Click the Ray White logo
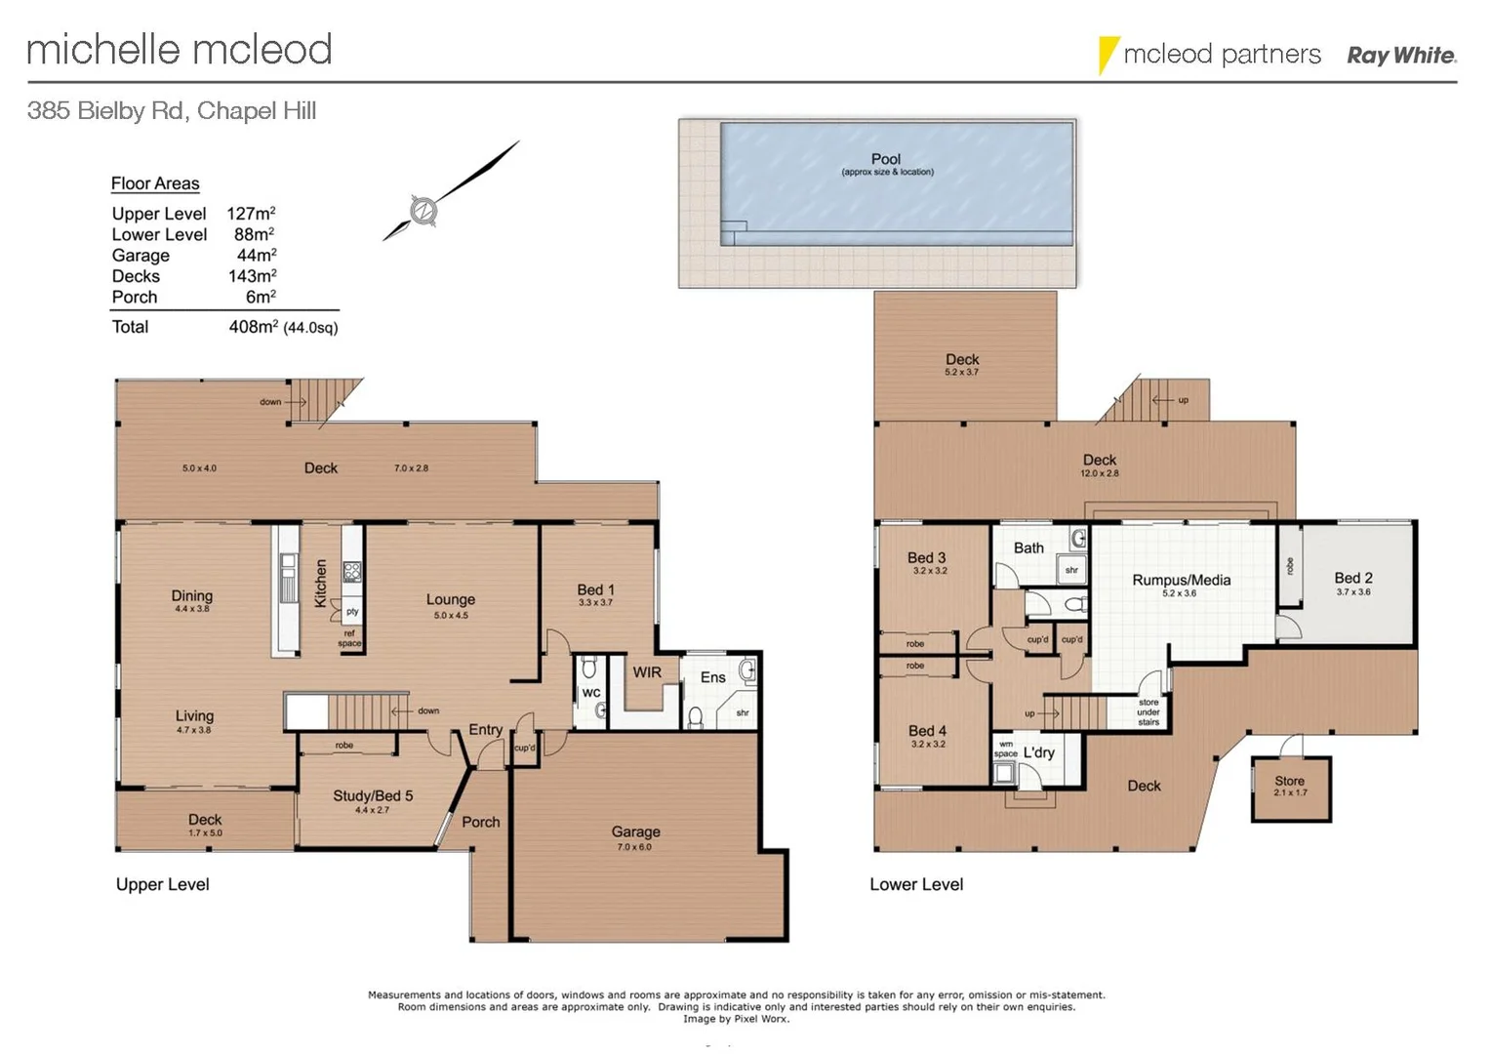(x=1401, y=56)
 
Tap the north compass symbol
(x=423, y=210)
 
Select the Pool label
(x=886, y=159)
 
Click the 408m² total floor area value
(x=253, y=327)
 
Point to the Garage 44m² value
(x=257, y=256)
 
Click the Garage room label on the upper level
(x=635, y=832)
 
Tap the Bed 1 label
(x=595, y=589)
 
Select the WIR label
(x=647, y=672)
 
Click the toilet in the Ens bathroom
(x=696, y=717)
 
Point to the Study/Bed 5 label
(x=373, y=795)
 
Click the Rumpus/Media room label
(x=1181, y=580)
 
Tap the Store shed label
(x=1289, y=781)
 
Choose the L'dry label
(x=1038, y=752)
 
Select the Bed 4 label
(x=927, y=731)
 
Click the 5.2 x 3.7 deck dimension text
(x=961, y=373)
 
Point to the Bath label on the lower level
(x=1028, y=548)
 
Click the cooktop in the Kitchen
(x=351, y=572)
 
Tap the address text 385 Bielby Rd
(x=106, y=111)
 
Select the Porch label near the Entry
(x=480, y=823)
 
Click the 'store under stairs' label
(x=1148, y=712)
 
